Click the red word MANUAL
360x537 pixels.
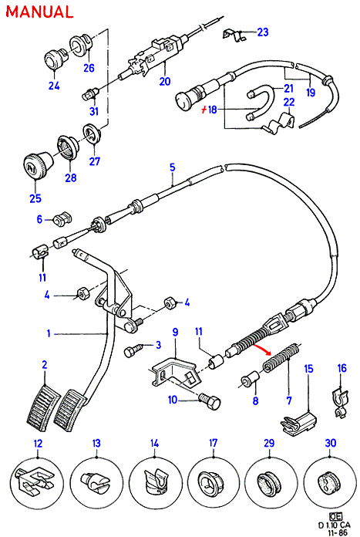39,12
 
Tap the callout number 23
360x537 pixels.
263,32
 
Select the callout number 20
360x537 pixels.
165,82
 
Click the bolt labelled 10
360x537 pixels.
209,403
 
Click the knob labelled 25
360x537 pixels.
37,164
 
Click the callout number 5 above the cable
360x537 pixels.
173,167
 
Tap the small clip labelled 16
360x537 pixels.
340,403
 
